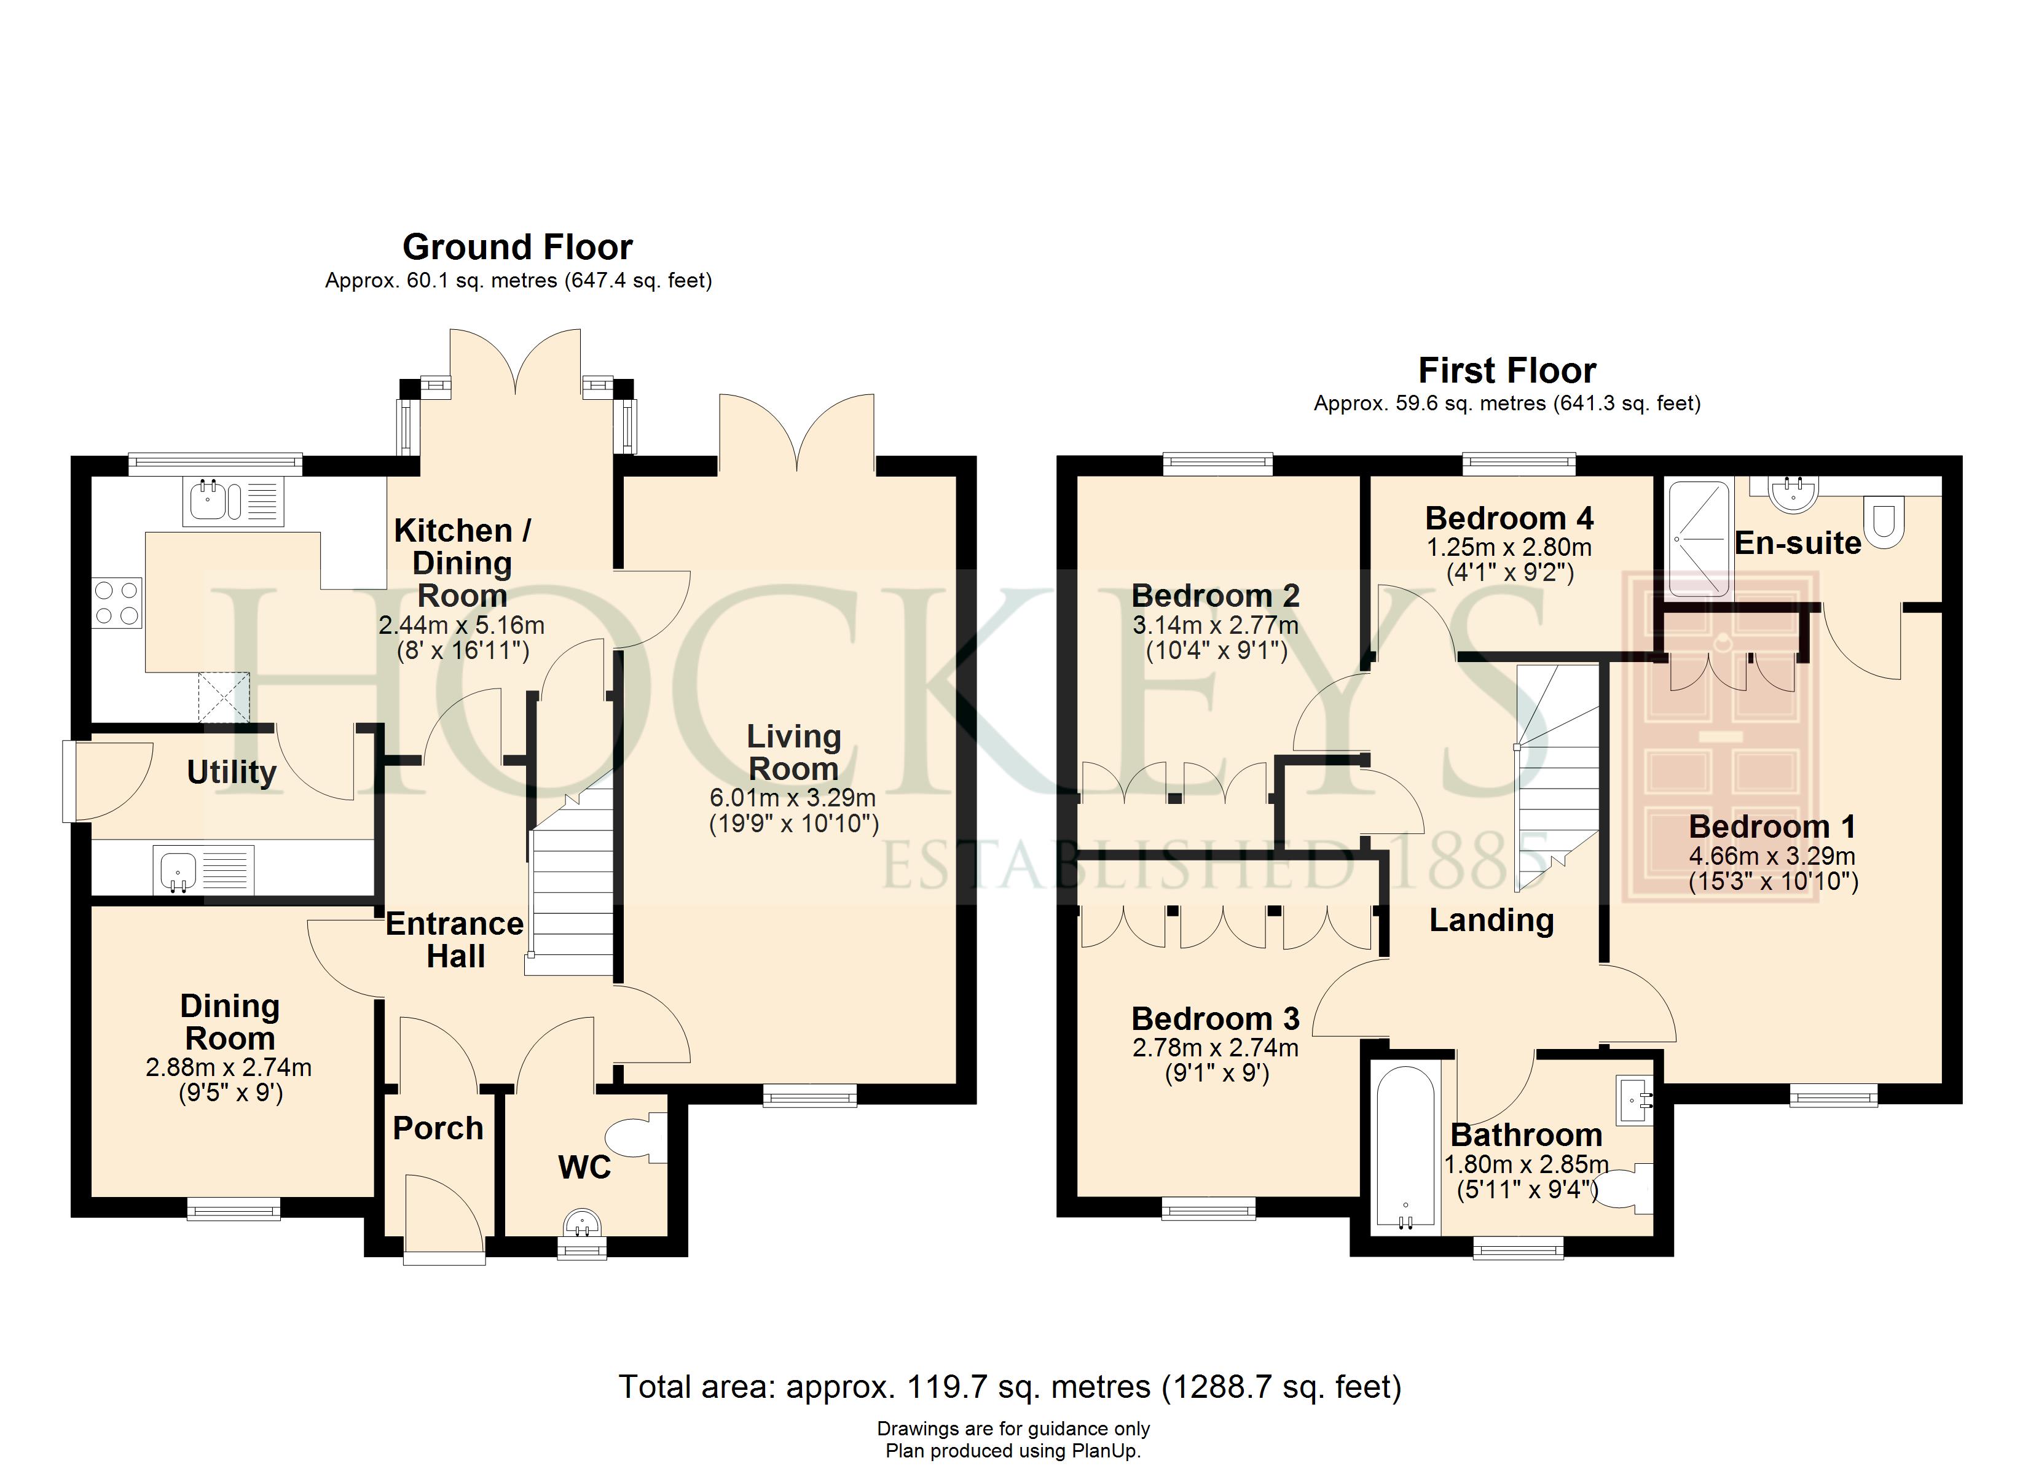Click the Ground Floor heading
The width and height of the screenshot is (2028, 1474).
517,247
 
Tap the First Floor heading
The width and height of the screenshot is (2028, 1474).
1507,370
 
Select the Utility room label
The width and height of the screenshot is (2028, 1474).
232,771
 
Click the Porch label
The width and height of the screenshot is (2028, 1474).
438,1128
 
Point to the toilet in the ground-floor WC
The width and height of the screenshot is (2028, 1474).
637,1137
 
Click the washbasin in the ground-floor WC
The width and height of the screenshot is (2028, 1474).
582,1223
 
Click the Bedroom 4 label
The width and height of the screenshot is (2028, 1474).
1509,518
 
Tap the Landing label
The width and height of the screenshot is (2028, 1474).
1492,920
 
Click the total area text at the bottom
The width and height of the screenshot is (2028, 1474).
1010,1386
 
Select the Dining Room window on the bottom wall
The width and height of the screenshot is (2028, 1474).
234,1209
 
